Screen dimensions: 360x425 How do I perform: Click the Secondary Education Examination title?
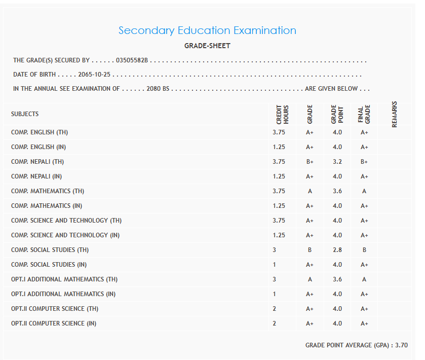point(207,30)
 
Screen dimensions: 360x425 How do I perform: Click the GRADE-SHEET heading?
point(207,46)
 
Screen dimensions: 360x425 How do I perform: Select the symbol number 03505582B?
point(132,60)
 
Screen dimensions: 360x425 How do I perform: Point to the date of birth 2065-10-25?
point(94,75)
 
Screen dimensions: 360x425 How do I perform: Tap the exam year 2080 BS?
point(158,89)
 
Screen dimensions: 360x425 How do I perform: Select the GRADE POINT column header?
point(337,115)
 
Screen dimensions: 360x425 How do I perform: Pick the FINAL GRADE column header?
point(364,115)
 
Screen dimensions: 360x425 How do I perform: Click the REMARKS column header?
point(395,115)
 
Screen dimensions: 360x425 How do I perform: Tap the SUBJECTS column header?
point(25,114)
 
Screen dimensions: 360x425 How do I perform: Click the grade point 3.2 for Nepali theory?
point(337,162)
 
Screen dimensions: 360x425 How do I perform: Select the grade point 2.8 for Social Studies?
point(337,250)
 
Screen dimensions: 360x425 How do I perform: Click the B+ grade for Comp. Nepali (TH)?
point(310,162)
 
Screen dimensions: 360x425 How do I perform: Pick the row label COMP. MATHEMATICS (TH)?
point(48,191)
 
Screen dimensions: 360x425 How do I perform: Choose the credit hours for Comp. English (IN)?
point(279,147)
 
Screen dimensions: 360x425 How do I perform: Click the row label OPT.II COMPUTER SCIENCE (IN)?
point(54,323)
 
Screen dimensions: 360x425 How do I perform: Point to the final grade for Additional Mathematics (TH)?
point(364,279)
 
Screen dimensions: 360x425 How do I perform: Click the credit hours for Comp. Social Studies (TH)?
point(275,250)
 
